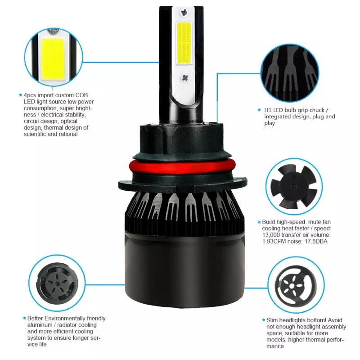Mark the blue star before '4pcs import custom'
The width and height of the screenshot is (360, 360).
tap(20, 95)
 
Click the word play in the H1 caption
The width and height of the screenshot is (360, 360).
tap(270, 123)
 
